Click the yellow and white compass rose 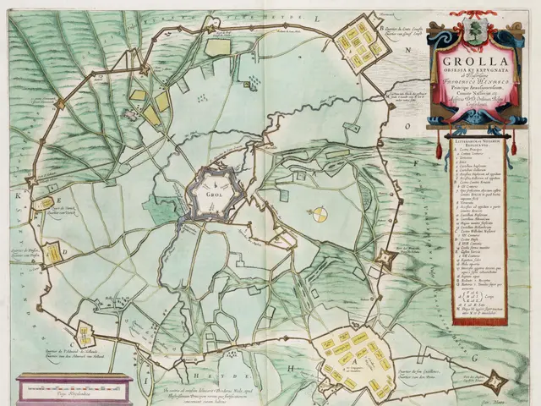(320, 216)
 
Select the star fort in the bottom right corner (496, 382)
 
